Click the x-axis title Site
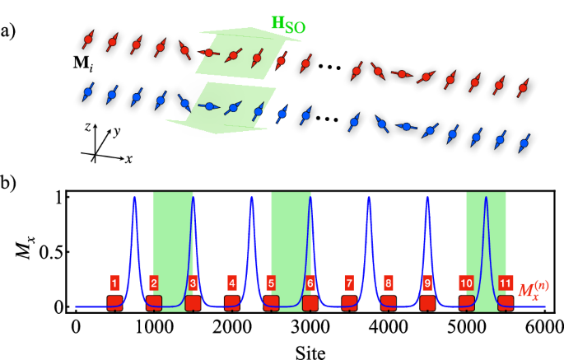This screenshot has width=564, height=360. coord(309,350)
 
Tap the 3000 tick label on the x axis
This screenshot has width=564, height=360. coord(310,325)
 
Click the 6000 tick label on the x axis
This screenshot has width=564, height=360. coord(544,325)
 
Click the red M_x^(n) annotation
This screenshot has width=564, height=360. coord(536,290)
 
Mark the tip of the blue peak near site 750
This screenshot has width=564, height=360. coord(134,197)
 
